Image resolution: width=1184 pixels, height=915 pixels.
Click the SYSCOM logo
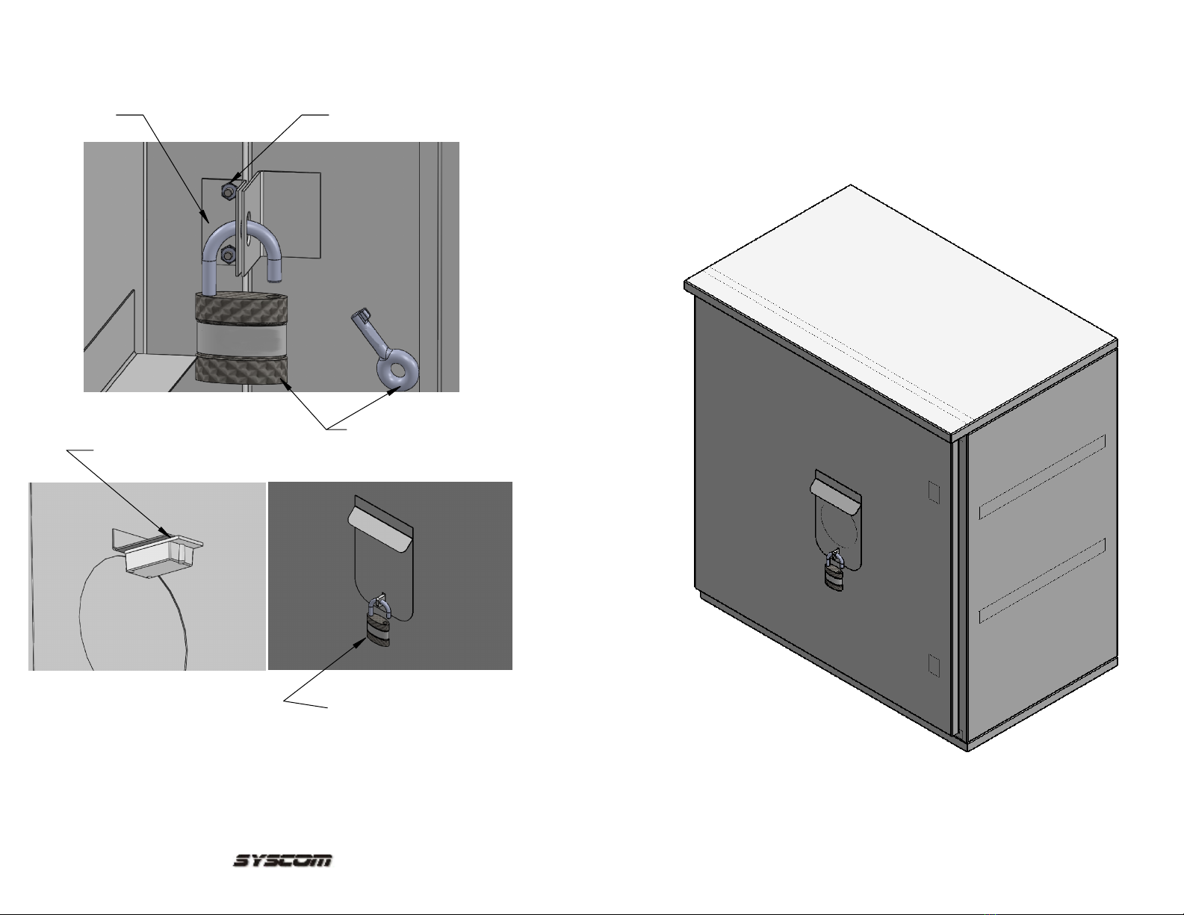[x=282, y=860]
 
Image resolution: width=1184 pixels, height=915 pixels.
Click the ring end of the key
[x=397, y=370]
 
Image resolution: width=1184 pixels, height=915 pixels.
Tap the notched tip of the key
[x=359, y=317]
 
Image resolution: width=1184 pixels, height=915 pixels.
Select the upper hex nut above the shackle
[x=228, y=190]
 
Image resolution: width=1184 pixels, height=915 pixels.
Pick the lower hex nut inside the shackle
[x=228, y=254]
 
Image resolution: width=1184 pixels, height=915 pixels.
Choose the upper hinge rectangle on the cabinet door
[x=934, y=492]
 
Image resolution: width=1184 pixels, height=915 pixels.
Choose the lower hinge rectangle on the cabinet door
[x=934, y=666]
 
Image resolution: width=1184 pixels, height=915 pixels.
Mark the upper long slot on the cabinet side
[x=1042, y=477]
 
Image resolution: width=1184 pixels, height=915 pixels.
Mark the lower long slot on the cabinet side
[x=1042, y=580]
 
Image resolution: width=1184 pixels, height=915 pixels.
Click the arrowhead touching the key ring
[x=396, y=390]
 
